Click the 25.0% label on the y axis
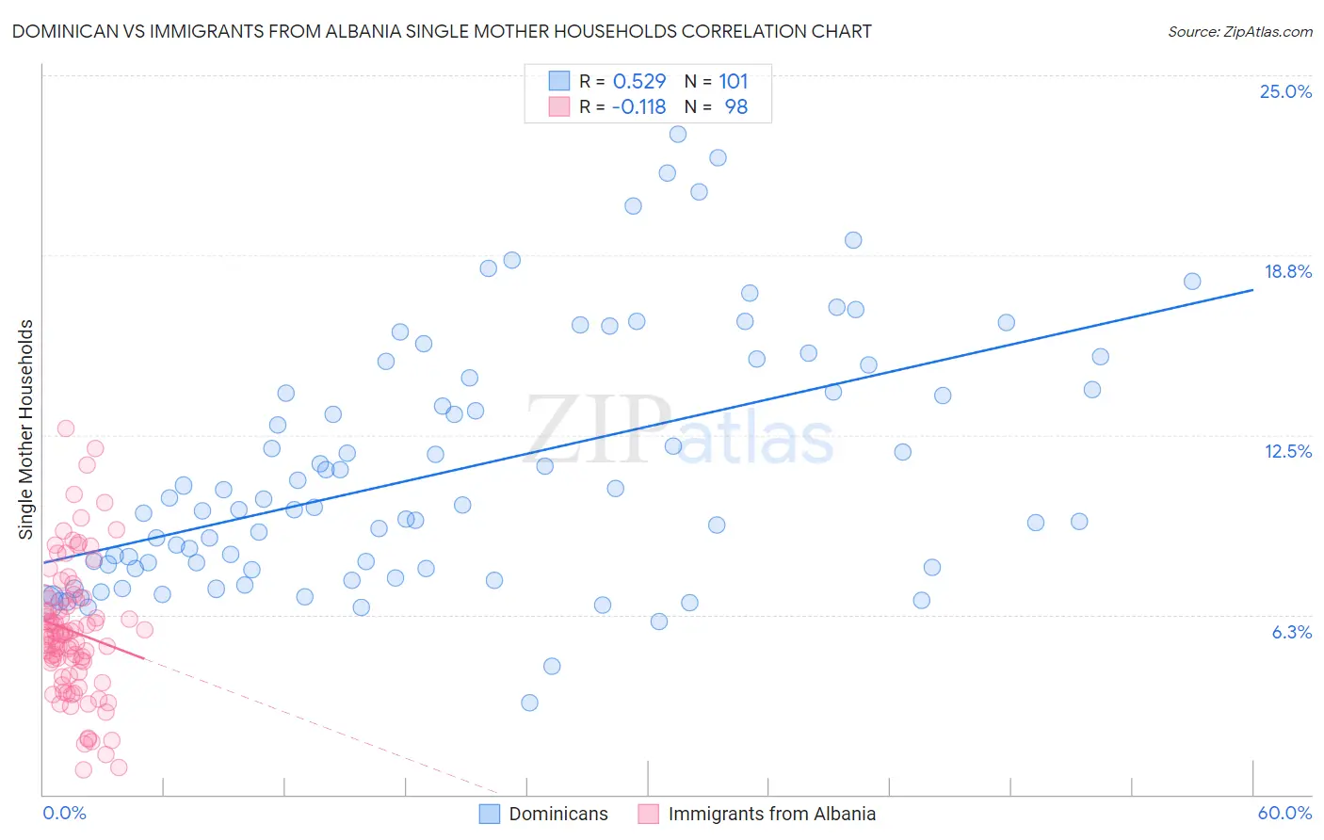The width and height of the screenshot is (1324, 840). [x=1285, y=91]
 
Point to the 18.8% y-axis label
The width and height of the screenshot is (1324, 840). [x=1287, y=271]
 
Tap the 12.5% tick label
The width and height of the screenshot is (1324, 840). [x=1287, y=451]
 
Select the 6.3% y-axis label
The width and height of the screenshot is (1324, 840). [x=1291, y=632]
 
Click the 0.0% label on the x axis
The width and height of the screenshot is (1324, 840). [x=64, y=813]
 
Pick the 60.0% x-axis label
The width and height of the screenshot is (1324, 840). [x=1284, y=813]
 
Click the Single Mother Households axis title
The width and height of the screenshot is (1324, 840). [x=25, y=429]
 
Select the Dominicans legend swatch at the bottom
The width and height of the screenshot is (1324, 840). [x=490, y=814]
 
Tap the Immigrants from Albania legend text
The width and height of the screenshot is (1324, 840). [x=771, y=814]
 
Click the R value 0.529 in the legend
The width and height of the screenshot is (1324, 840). [x=638, y=81]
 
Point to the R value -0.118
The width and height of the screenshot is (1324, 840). [x=638, y=106]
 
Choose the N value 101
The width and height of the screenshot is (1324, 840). [x=733, y=81]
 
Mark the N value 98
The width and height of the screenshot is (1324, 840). [x=735, y=106]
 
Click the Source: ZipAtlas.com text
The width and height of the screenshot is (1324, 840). [x=1239, y=31]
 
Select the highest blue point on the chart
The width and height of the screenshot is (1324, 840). [x=678, y=134]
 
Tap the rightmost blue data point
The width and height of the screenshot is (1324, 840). [x=1192, y=281]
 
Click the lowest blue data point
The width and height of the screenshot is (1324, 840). [x=529, y=703]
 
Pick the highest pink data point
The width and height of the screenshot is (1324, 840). [x=66, y=428]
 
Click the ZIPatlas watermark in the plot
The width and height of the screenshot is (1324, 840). [x=679, y=430]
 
